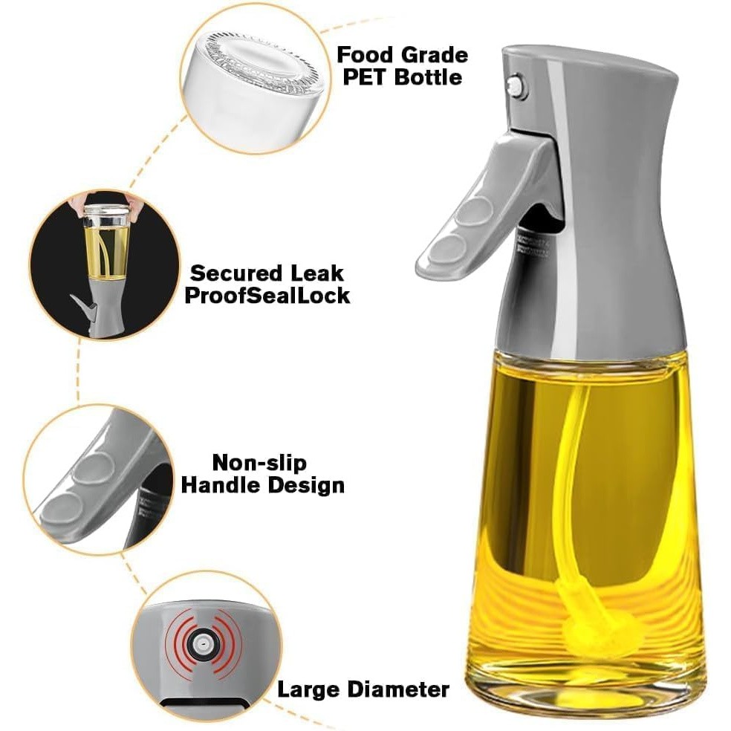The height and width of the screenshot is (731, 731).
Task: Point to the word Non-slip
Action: [259, 463]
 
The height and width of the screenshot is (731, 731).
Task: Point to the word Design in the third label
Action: [311, 486]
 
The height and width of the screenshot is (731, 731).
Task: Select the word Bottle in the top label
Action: [429, 77]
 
